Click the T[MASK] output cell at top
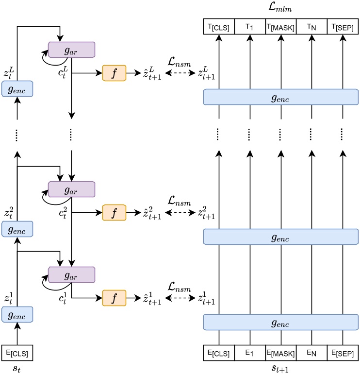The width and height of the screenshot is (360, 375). click(280, 26)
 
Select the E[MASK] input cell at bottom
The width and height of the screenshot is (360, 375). click(280, 352)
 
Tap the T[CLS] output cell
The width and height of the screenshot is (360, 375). click(219, 26)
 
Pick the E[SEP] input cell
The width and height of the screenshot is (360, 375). click(342, 352)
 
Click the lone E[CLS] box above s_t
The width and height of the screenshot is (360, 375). click(17, 352)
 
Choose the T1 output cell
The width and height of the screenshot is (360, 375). click(250, 26)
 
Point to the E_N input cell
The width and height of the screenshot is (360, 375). click(311, 352)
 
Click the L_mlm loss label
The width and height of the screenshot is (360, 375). click(280, 8)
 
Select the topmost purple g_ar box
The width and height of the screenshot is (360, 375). click(71, 49)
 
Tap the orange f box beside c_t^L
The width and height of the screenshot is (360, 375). click(114, 73)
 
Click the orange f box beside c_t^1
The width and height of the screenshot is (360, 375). click(114, 297)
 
